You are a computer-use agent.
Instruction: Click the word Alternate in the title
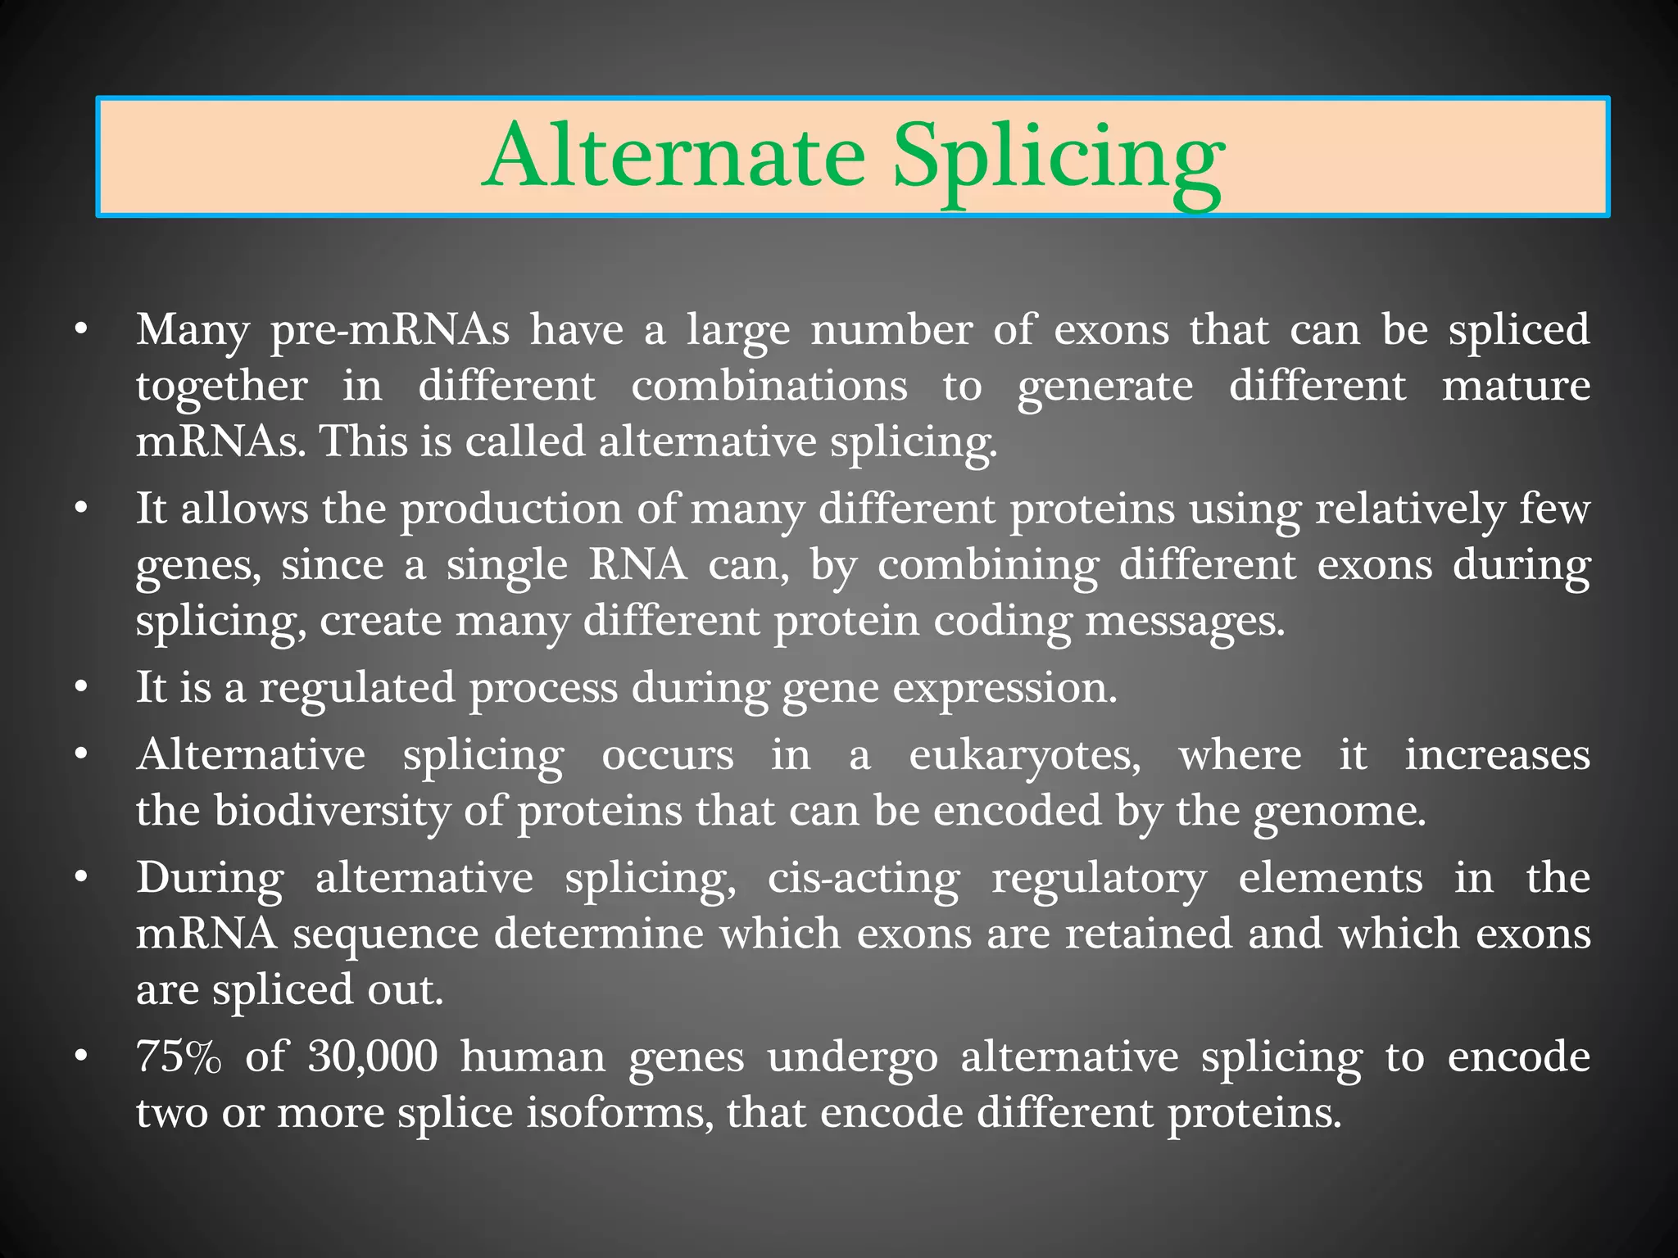pos(673,156)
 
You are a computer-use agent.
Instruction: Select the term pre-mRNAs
pos(390,331)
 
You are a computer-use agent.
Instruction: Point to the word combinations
pos(769,386)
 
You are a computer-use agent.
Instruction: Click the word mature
pos(1516,386)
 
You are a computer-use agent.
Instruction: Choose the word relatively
pos(1410,510)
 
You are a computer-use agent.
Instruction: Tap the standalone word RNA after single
pos(638,565)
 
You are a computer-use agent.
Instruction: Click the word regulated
pos(356,688)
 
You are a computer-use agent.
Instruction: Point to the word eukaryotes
pos(1024,756)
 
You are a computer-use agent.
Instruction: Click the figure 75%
pos(179,1057)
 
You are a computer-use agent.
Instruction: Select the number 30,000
pos(373,1057)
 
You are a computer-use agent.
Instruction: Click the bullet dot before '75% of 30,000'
pos(79,1057)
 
